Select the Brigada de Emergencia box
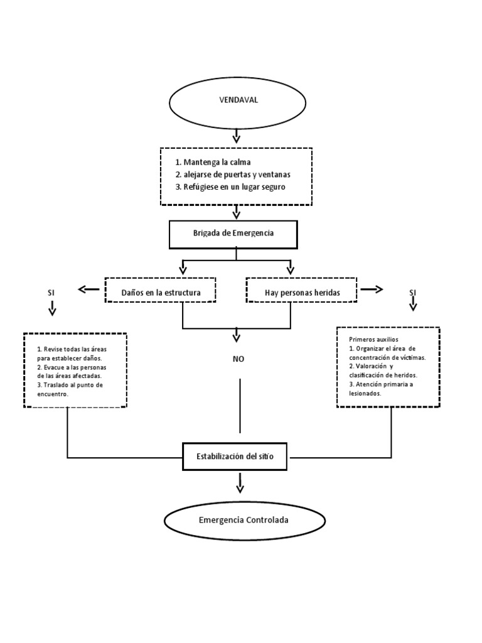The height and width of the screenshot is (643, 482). point(233,235)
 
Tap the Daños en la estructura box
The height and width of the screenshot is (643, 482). point(160,290)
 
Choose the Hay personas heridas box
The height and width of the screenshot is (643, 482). point(301,290)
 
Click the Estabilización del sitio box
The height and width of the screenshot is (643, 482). point(235,457)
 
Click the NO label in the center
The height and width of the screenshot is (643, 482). point(238,359)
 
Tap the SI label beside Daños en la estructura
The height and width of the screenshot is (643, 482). point(51,293)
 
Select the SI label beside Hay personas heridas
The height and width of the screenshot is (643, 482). point(413,293)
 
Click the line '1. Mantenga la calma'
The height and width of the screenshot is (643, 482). point(213,162)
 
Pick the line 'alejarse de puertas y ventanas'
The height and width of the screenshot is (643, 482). point(237,175)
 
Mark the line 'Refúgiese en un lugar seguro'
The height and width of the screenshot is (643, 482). point(235,186)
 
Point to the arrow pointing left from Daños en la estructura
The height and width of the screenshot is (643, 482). point(88,289)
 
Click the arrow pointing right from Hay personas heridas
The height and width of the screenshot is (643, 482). point(372,289)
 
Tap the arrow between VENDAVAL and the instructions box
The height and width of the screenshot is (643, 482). point(237,136)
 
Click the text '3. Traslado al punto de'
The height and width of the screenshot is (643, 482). point(70,385)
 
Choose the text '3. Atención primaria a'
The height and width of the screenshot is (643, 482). point(381,384)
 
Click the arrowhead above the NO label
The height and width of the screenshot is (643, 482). point(237,337)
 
